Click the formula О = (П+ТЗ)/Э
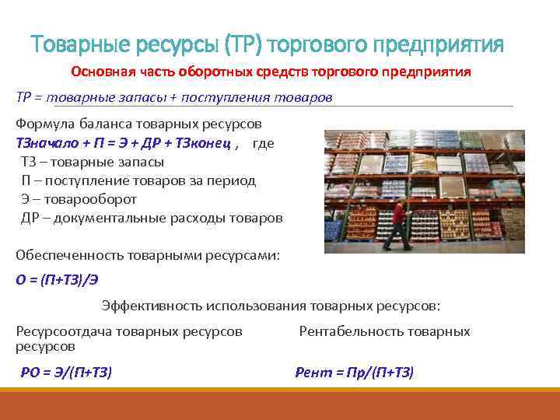[x=67, y=281]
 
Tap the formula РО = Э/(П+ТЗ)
[x=66, y=373]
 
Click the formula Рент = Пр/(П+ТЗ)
[x=355, y=373]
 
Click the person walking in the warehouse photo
[x=398, y=224]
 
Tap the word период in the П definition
[x=233, y=180]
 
